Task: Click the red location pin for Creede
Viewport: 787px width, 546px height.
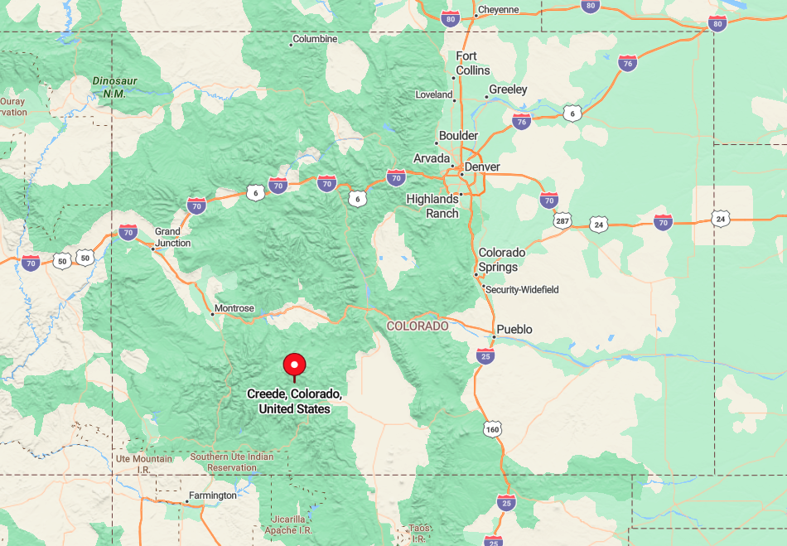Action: (x=294, y=365)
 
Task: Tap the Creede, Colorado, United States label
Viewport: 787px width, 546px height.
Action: (x=294, y=401)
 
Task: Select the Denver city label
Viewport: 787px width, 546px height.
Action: (x=481, y=167)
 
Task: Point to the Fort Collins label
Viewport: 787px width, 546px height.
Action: (x=473, y=63)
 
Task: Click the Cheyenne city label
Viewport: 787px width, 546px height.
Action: (x=498, y=10)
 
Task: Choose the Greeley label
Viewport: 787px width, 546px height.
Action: (x=508, y=89)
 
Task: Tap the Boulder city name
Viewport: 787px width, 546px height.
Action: (x=458, y=135)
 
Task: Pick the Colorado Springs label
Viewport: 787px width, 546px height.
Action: (x=502, y=259)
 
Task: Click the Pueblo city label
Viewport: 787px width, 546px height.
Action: (x=514, y=329)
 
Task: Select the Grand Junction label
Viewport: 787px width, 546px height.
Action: (x=172, y=237)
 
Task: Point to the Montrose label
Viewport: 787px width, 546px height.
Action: (x=234, y=308)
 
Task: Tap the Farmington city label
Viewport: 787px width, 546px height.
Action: (x=212, y=495)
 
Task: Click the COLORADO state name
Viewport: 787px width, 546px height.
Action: (x=418, y=326)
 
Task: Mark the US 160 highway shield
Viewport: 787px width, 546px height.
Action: (x=493, y=429)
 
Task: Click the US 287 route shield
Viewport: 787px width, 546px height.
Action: (x=563, y=221)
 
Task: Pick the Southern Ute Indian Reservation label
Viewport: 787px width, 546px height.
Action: (x=231, y=461)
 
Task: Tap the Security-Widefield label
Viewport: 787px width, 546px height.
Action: (x=522, y=289)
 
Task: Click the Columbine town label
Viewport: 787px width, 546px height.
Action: (x=315, y=39)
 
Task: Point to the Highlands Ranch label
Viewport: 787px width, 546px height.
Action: (x=432, y=205)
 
